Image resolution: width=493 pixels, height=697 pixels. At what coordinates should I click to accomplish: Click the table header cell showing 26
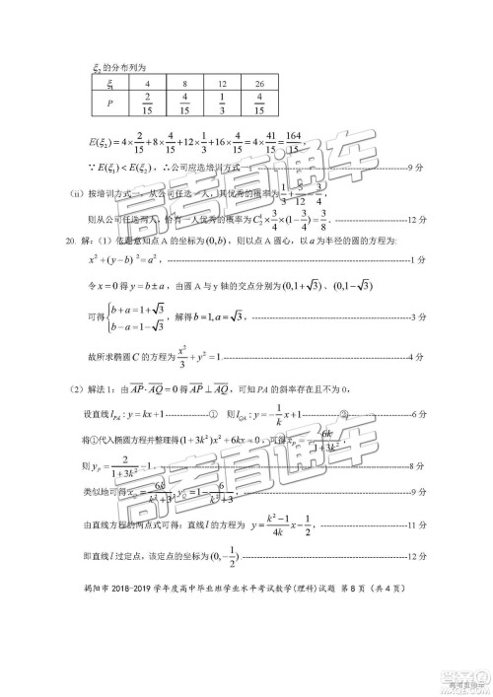[x=258, y=83]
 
